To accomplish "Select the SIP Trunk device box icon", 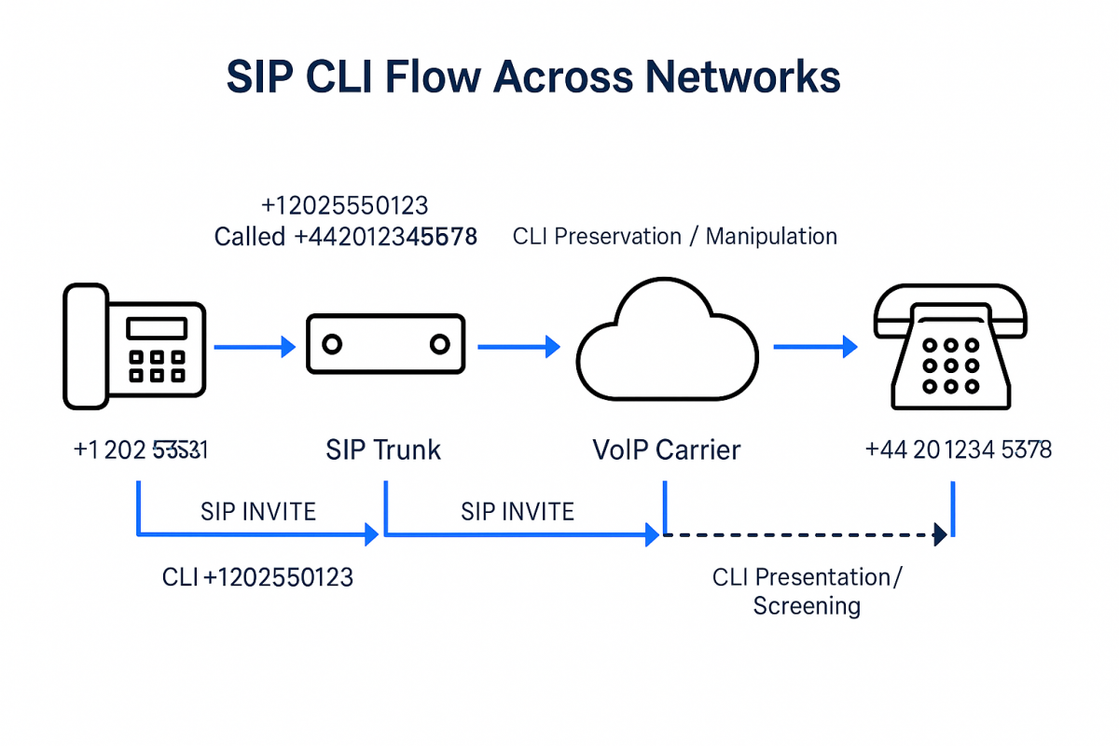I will click(x=385, y=344).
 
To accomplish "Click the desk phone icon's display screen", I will click(x=157, y=328).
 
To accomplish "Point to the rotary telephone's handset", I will click(x=949, y=311).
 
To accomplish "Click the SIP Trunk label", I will click(x=383, y=450).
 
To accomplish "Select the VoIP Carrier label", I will click(x=666, y=450).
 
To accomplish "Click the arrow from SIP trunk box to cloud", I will click(x=518, y=348).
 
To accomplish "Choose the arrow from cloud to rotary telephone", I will click(x=814, y=348).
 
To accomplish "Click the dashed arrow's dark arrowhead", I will click(x=940, y=535).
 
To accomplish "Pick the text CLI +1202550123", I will click(x=257, y=578).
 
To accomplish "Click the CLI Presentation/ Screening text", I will click(x=807, y=591).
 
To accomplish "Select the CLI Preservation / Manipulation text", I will click(x=674, y=236).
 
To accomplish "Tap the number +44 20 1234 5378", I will click(x=958, y=450).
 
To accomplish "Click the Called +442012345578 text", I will click(x=345, y=237).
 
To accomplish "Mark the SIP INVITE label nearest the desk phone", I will click(x=258, y=511).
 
